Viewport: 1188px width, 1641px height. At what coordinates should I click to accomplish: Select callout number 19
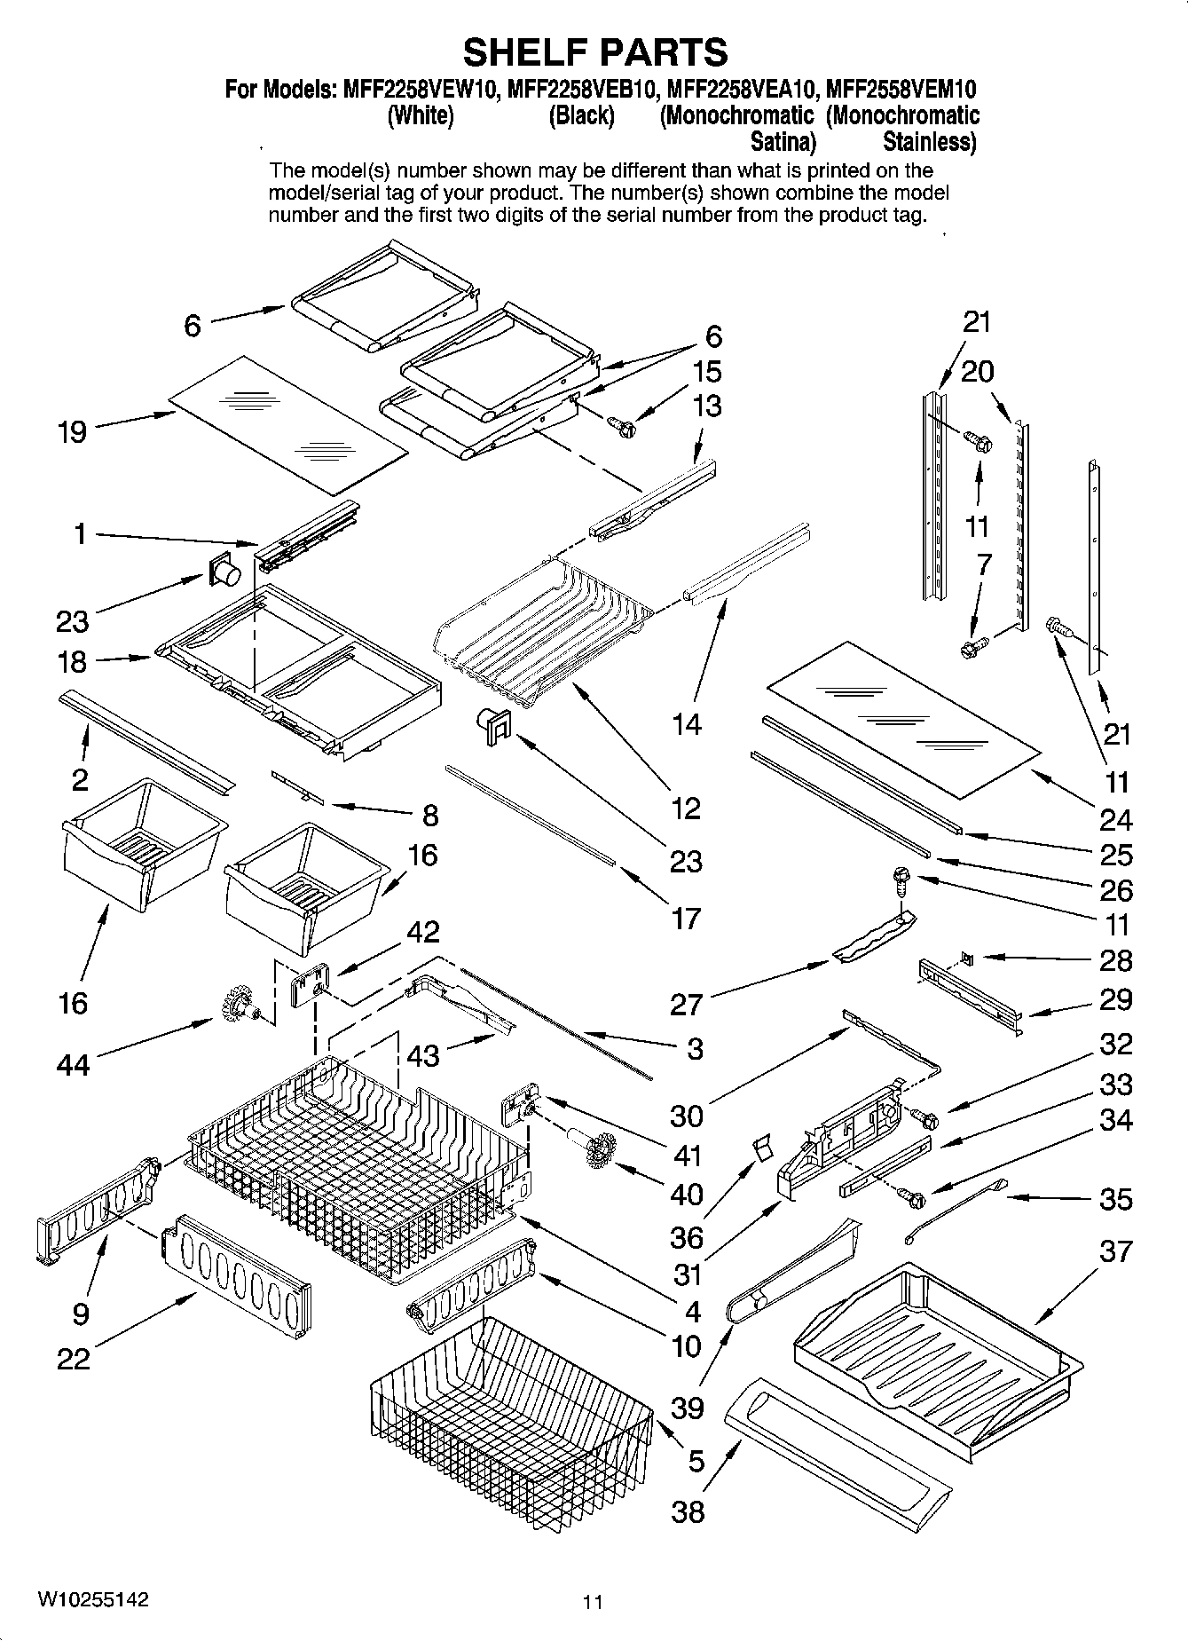[x=73, y=432]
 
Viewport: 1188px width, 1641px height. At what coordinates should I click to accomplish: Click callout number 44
[x=73, y=1063]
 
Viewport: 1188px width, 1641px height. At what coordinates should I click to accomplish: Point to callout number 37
[x=1115, y=1251]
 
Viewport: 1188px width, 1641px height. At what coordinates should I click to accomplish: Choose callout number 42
[x=422, y=932]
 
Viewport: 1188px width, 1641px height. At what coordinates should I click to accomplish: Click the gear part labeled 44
[x=233, y=1005]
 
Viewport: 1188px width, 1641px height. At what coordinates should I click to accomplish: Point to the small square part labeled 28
[x=966, y=959]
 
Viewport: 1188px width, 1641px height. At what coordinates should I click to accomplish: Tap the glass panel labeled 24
[x=902, y=717]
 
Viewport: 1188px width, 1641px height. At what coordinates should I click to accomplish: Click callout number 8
[x=429, y=815]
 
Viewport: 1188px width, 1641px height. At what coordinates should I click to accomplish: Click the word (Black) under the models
[x=581, y=116]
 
